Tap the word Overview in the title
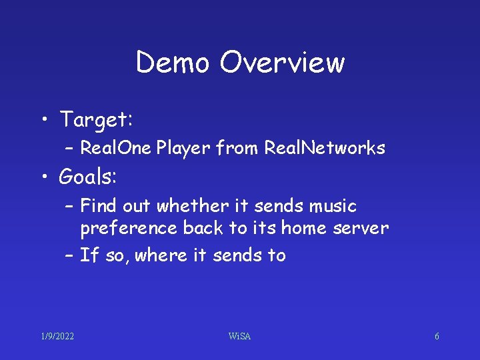[282, 63]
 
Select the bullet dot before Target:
[44, 121]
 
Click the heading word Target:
[97, 120]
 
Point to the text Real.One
[115, 148]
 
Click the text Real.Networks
[325, 148]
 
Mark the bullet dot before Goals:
[44, 177]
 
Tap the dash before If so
[69, 255]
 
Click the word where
[160, 255]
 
